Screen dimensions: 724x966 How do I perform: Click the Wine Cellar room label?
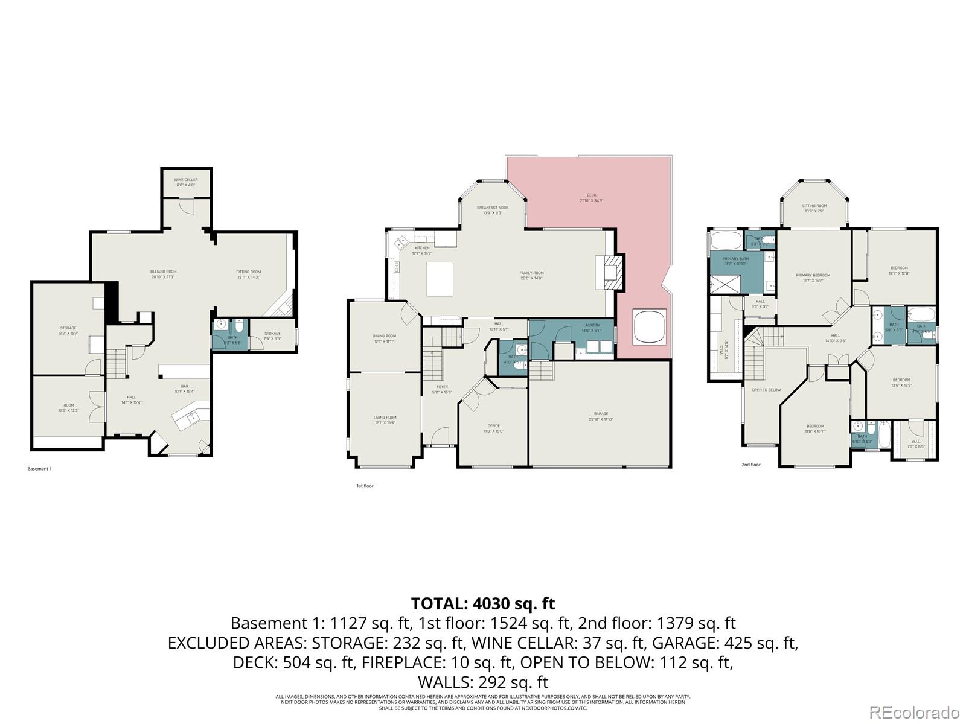pyautogui.click(x=186, y=180)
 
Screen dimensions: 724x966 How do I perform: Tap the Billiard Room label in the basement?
pyautogui.click(x=162, y=272)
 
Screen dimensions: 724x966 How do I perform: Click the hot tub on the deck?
pyautogui.click(x=650, y=327)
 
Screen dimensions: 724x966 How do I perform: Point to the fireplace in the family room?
pyautogui.click(x=610, y=273)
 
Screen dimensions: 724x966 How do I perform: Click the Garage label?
pyautogui.click(x=600, y=414)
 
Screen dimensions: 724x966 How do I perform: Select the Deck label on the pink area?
pyautogui.click(x=591, y=195)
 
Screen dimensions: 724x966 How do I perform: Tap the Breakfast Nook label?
pyautogui.click(x=492, y=208)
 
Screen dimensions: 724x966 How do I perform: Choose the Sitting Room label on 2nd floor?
pyautogui.click(x=815, y=206)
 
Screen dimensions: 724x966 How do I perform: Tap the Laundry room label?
pyautogui.click(x=591, y=325)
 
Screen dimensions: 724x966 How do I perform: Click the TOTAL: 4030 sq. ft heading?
pyautogui.click(x=482, y=603)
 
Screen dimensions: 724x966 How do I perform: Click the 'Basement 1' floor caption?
pyautogui.click(x=40, y=469)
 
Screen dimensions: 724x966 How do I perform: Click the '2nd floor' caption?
pyautogui.click(x=751, y=465)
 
